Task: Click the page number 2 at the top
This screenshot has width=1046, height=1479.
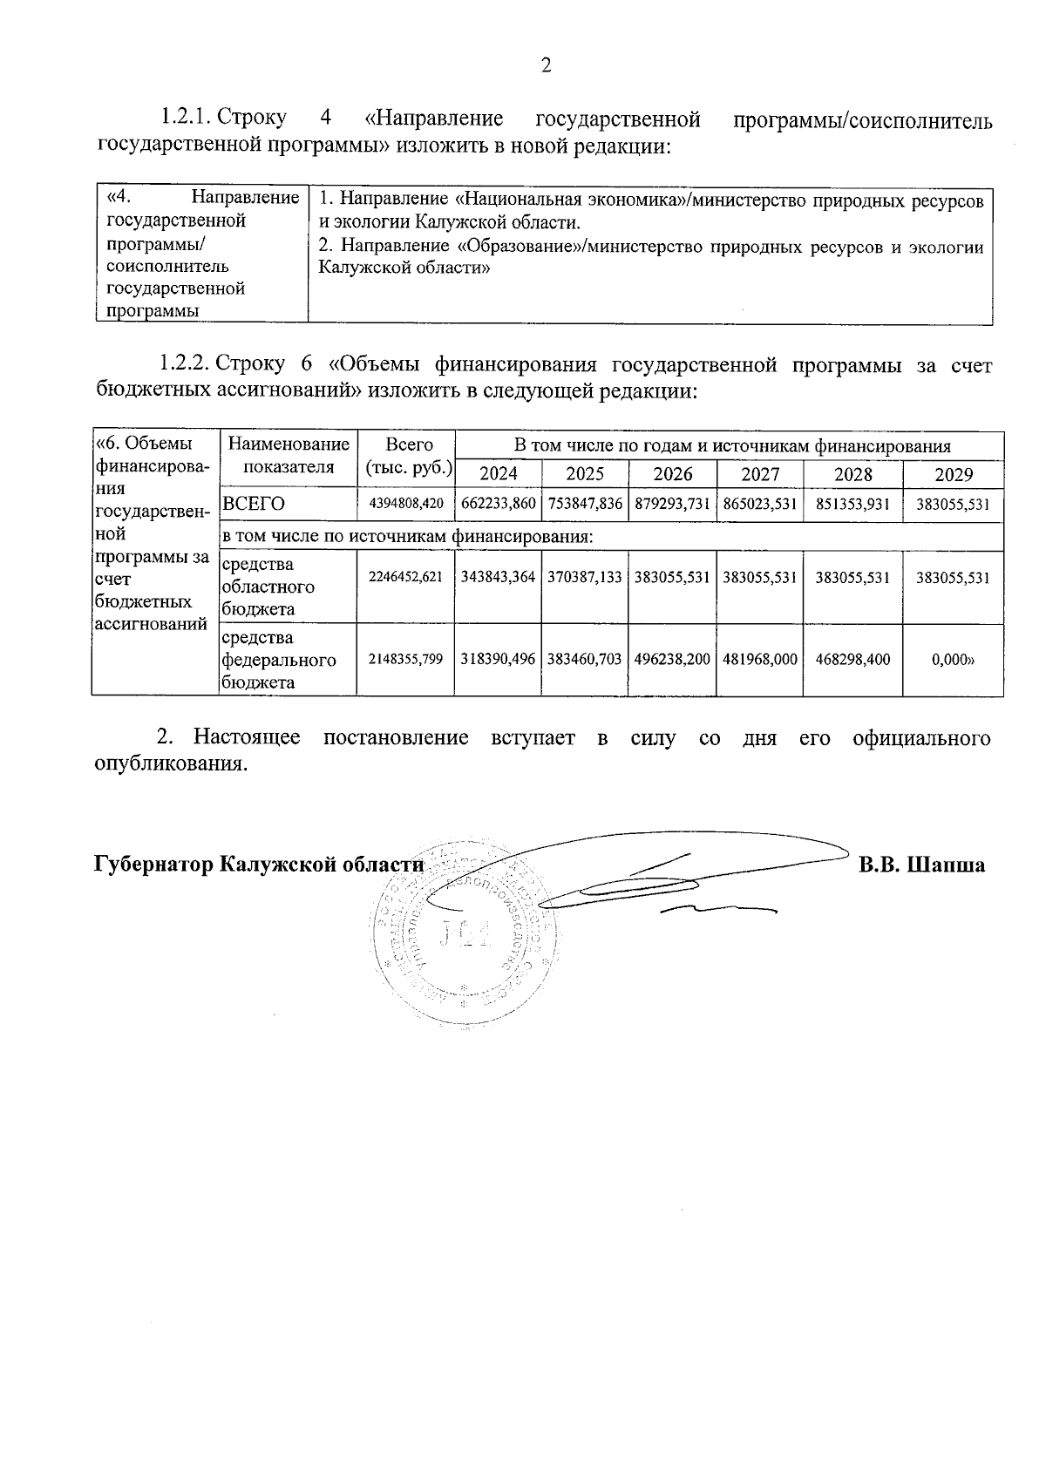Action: pyautogui.click(x=547, y=66)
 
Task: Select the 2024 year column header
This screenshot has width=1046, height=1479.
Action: pyautogui.click(x=499, y=474)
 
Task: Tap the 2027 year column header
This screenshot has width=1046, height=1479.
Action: pyautogui.click(x=760, y=474)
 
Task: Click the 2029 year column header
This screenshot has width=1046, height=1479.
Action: pyautogui.click(x=953, y=474)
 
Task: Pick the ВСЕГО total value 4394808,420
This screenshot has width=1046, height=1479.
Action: pyautogui.click(x=406, y=505)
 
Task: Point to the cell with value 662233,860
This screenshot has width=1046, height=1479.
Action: pyautogui.click(x=499, y=505)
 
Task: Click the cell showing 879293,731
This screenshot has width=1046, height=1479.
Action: pyautogui.click(x=673, y=505)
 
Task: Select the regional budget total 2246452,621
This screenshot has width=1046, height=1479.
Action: pyautogui.click(x=406, y=578)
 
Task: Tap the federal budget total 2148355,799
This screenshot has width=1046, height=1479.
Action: pyautogui.click(x=406, y=660)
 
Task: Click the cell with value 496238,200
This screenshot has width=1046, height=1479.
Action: pyautogui.click(x=673, y=660)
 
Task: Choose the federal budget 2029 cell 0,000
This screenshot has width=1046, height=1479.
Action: pyautogui.click(x=953, y=660)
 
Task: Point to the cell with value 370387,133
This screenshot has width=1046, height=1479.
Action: pyautogui.click(x=585, y=578)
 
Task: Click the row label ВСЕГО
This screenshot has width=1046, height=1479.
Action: pyautogui.click(x=255, y=505)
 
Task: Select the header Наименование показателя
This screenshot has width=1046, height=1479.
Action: pyautogui.click(x=289, y=456)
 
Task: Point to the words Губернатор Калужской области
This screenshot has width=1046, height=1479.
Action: pyautogui.click(x=258, y=865)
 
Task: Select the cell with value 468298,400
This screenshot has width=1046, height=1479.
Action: pyautogui.click(x=852, y=660)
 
